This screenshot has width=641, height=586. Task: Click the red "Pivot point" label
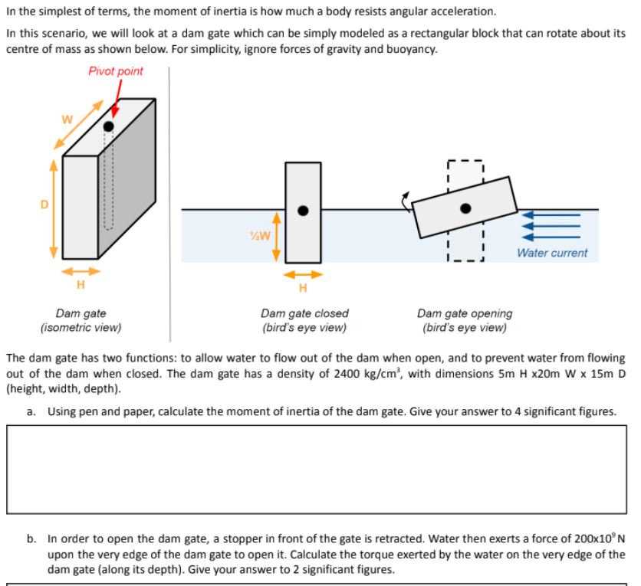(115, 71)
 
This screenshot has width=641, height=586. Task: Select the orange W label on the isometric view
(67, 119)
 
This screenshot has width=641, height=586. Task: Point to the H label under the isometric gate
(80, 286)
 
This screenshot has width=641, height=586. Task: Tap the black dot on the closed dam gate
(303, 211)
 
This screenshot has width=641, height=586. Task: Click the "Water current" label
(552, 253)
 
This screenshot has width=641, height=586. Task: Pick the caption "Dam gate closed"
(304, 313)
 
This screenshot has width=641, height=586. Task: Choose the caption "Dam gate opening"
(465, 313)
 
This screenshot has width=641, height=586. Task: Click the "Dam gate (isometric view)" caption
(81, 320)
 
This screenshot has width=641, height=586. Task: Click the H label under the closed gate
(303, 288)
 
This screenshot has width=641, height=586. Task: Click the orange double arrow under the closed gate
(303, 273)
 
